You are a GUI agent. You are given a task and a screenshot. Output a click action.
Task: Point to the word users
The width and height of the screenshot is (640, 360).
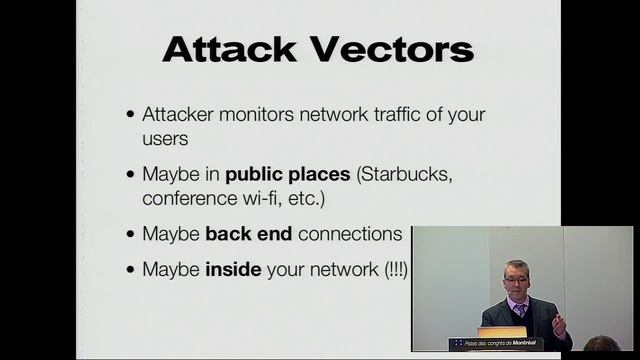165,138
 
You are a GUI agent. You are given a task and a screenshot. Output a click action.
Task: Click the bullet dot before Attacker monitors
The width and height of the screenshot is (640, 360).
131,116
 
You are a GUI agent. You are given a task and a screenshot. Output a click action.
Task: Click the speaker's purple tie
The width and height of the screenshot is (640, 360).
520,311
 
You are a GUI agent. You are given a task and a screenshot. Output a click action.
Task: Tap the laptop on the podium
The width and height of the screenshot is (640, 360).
501,332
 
